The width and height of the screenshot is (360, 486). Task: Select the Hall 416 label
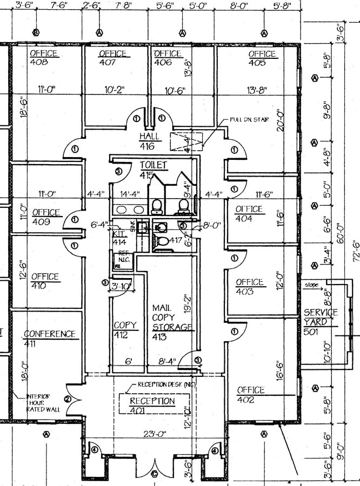coord(147,141)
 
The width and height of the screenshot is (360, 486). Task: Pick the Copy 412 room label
coord(125,330)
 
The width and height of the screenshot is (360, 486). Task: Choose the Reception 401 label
coord(152,406)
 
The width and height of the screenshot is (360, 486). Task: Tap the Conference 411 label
coord(49,339)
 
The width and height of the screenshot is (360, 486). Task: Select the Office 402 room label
coord(251,395)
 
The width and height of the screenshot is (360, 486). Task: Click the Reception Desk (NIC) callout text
coord(165,384)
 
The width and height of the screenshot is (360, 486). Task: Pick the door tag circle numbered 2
coord(68,400)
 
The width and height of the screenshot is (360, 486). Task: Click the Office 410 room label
coord(45,281)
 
